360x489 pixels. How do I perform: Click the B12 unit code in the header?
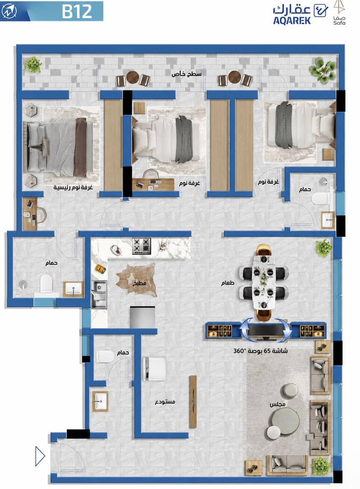tap(77, 11)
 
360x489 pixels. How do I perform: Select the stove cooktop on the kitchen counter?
tap(141, 246)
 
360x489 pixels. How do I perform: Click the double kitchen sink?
tap(99, 294)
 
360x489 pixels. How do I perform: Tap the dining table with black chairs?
tap(264, 282)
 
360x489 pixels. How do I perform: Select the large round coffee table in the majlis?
tap(284, 421)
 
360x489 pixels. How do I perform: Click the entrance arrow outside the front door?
tap(40, 456)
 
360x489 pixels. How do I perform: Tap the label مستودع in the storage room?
tap(165, 402)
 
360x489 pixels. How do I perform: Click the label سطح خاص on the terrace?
tap(186, 74)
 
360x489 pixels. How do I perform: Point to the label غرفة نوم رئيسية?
tap(73, 187)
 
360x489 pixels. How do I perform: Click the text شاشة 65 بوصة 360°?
tap(260, 351)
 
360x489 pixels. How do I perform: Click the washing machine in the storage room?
tap(154, 369)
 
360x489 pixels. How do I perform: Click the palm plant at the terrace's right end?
tap(323, 70)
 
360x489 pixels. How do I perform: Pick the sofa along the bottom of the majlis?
tap(287, 465)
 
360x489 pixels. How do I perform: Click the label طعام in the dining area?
tap(228, 283)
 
